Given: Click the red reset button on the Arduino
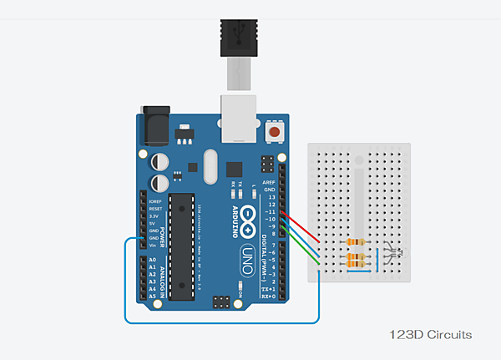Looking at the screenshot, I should [x=275, y=133].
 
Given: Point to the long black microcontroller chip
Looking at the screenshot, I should [x=180, y=246].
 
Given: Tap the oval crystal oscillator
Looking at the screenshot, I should [x=208, y=165].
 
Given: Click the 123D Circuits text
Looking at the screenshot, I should [x=431, y=334].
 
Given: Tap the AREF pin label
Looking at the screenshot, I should [x=269, y=182].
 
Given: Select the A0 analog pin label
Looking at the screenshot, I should [x=151, y=260].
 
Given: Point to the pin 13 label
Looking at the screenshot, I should [x=271, y=198].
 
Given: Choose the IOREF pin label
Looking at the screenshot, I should [x=154, y=201].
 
